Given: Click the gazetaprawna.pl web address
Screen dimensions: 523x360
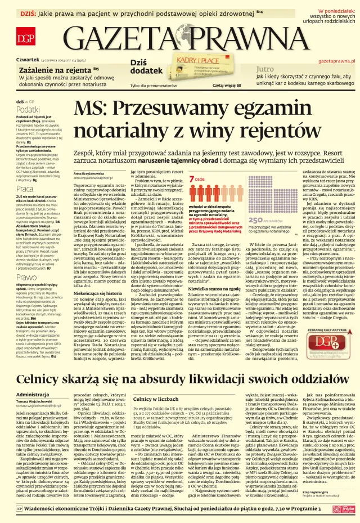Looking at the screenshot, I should click(336, 59).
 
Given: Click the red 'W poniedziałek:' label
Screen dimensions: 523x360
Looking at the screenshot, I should click(336, 11).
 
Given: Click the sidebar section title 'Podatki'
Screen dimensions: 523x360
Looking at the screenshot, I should click(28, 110).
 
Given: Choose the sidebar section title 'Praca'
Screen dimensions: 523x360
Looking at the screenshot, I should click(24, 189).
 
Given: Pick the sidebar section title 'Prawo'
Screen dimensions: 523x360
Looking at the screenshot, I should click(26, 278).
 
